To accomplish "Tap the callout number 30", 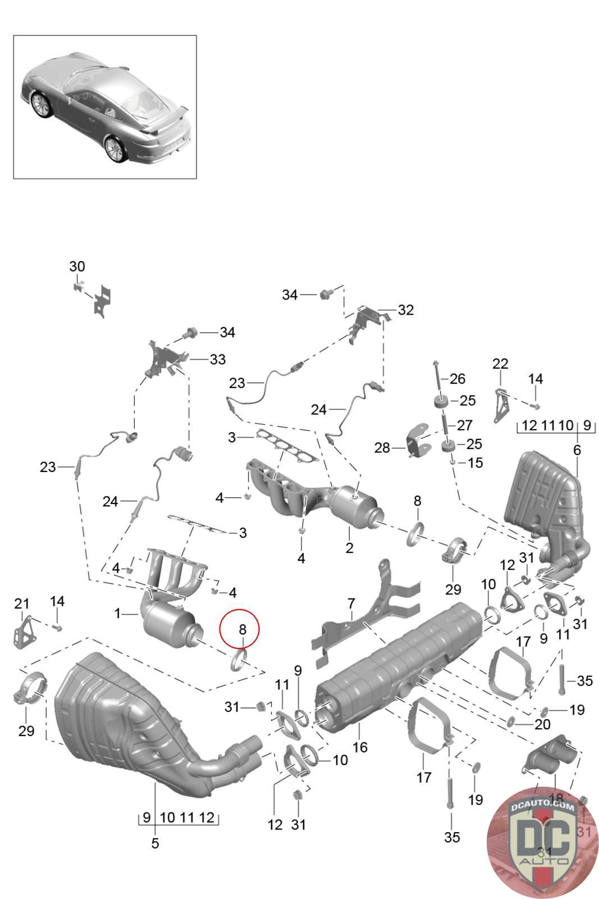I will click(77, 266).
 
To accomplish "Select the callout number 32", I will click(405, 310).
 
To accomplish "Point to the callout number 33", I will click(217, 359).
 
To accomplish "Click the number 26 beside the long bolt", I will click(458, 378).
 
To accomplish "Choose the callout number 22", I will click(500, 364).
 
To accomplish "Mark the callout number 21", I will click(22, 603).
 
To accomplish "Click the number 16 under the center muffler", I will click(360, 747).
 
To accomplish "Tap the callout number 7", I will click(351, 604).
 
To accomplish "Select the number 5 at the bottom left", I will click(156, 843).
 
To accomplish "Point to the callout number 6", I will click(577, 449).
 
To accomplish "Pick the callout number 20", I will click(542, 724).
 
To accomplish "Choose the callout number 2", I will click(349, 547).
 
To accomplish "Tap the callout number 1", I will click(117, 613).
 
